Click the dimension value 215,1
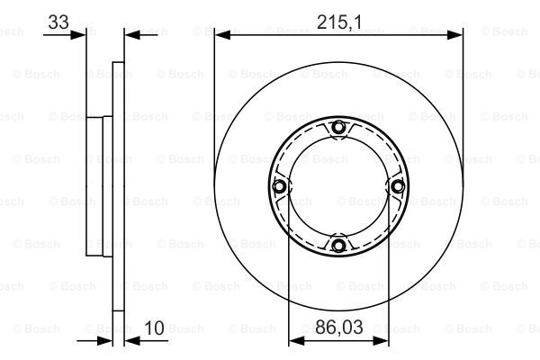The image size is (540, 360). click(x=339, y=22)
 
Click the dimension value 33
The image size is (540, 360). click(x=58, y=22)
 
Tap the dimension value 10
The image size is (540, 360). click(x=154, y=328)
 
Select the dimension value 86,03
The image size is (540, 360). click(x=339, y=327)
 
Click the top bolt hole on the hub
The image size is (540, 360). click(x=338, y=128)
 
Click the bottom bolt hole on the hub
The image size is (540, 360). click(x=338, y=246)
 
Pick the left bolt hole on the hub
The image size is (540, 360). click(x=279, y=186)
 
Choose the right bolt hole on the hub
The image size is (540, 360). click(x=398, y=186)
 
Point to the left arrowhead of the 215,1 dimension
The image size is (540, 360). click(x=222, y=34)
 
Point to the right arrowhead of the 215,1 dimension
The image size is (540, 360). click(x=454, y=34)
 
